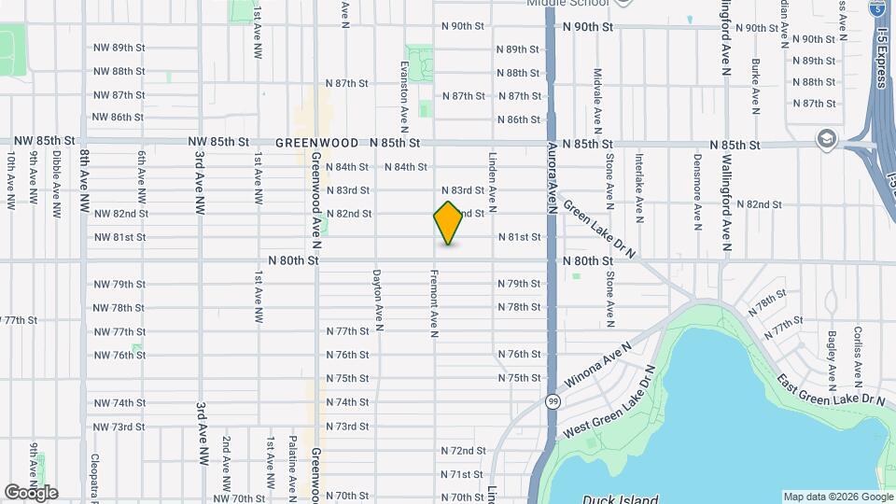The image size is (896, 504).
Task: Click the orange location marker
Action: pos(449,223)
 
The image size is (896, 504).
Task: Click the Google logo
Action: pos(31,493)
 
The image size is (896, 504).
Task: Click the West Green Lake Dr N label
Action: pos(611,407)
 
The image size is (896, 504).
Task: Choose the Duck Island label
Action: pos(620,498)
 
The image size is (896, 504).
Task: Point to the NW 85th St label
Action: pos(218,143)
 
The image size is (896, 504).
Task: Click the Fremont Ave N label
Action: pos(434,303)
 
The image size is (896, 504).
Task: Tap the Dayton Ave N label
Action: pos(377,301)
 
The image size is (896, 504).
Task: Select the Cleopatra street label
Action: pos(94,467)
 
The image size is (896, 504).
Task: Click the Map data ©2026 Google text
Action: pos(836,497)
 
